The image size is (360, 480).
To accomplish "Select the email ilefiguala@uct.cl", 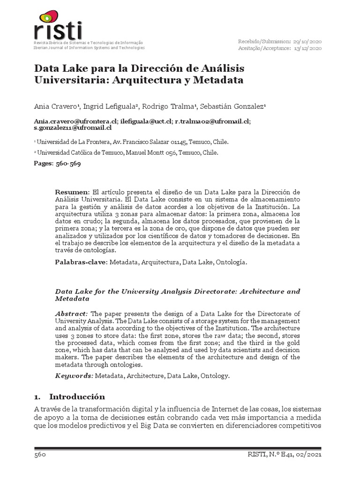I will (x=146, y=120).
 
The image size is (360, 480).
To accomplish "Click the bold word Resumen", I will (x=72, y=193).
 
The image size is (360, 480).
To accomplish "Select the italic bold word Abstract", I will (x=71, y=314).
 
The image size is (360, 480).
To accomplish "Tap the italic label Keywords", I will (x=74, y=376).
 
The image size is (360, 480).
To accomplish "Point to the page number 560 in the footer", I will (x=39, y=455).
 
